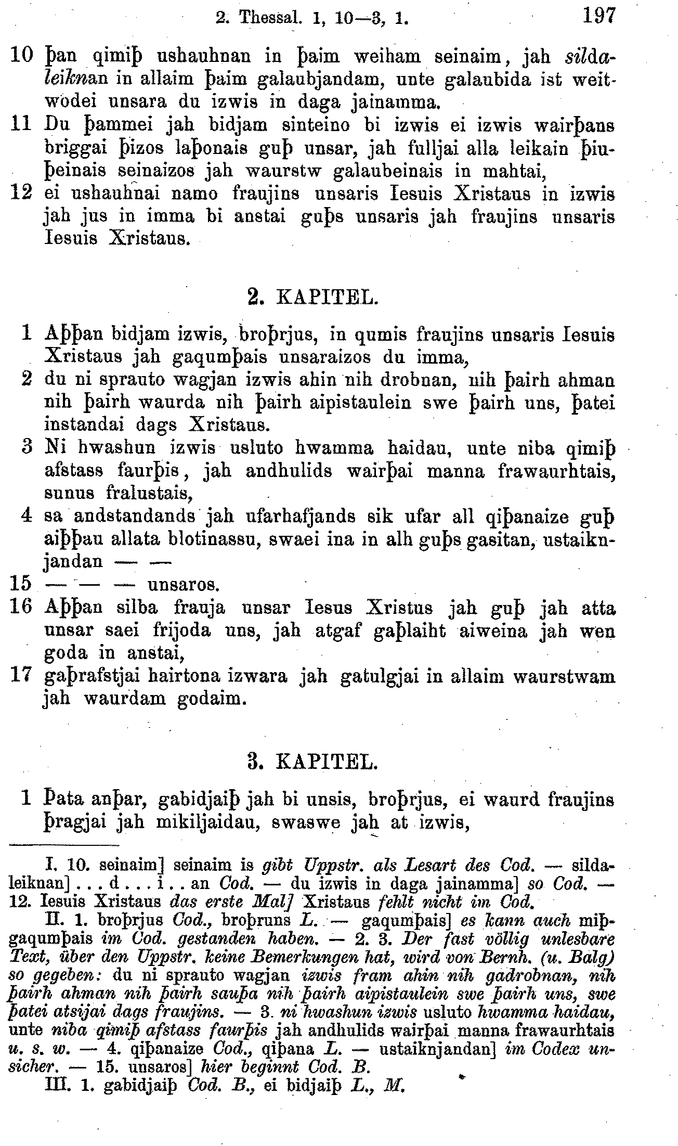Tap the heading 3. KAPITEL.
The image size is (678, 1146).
tap(313, 763)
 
